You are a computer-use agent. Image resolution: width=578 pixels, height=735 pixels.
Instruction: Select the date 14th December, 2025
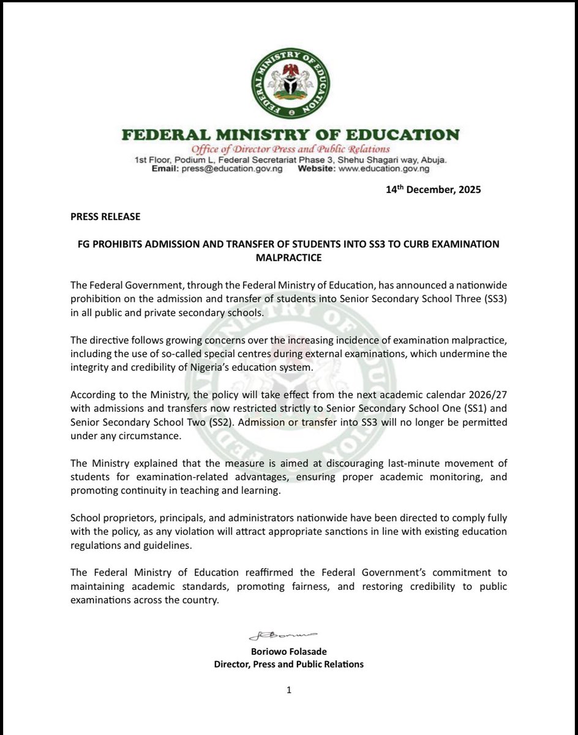433,189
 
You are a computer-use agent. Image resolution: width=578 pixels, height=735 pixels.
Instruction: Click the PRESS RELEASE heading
105,216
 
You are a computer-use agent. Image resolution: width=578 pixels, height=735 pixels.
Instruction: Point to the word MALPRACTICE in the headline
288,258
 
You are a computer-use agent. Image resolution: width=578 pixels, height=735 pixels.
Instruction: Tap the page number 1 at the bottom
288,690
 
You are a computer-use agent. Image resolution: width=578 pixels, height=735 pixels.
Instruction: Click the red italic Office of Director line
290,149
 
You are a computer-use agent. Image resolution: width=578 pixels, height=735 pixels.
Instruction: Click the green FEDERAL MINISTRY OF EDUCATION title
290,134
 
